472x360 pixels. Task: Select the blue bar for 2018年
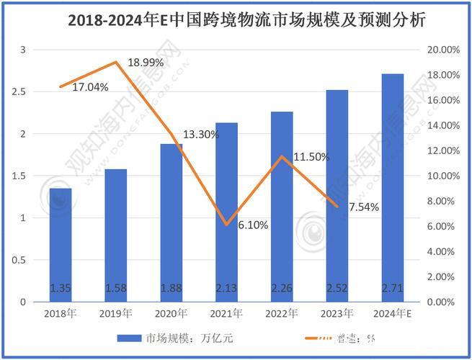pyautogui.click(x=61, y=245)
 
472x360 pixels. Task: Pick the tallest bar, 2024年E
pyautogui.click(x=393, y=187)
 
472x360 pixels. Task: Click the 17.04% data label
pyautogui.click(x=90, y=87)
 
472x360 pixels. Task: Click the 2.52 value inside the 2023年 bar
pyautogui.click(x=337, y=289)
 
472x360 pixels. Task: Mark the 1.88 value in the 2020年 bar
pyautogui.click(x=172, y=289)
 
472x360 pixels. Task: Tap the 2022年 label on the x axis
pyautogui.click(x=282, y=313)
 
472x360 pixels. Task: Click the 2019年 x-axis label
pyautogui.click(x=116, y=313)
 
